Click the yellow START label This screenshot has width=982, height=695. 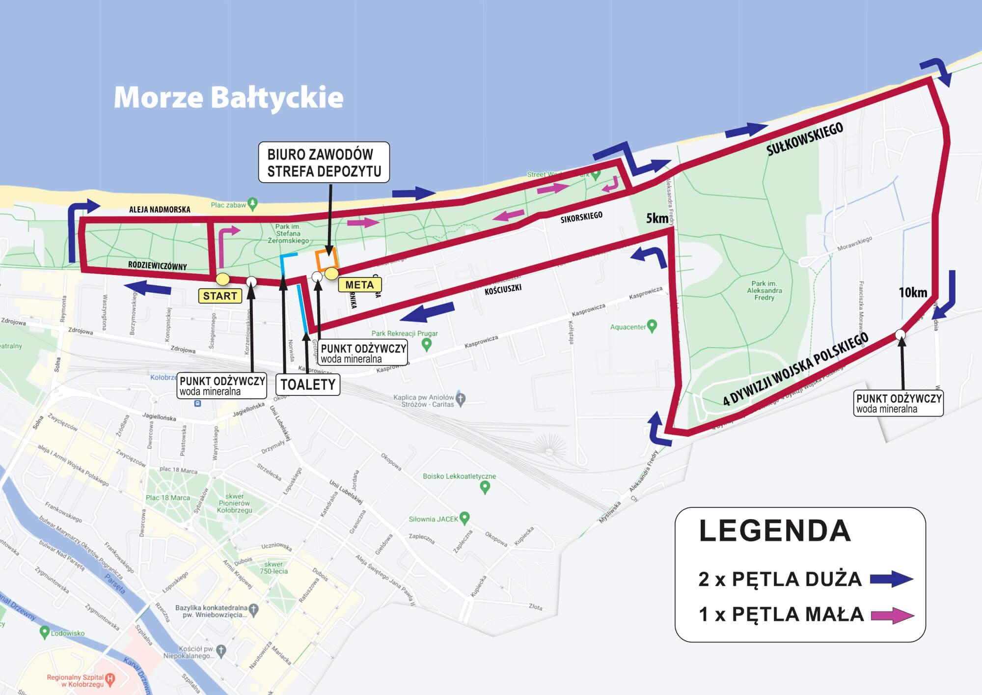click(219, 296)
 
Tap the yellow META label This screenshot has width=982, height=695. click(359, 285)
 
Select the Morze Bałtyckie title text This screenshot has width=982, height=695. click(228, 97)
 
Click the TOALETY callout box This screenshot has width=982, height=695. click(308, 384)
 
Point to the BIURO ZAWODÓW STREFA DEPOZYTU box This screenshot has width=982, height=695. click(324, 163)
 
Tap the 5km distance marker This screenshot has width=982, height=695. click(657, 218)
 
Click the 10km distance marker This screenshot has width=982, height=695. click(913, 293)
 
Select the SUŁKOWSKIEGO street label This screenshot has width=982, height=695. click(805, 139)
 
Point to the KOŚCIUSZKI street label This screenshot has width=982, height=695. click(503, 289)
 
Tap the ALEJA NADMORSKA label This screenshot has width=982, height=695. click(160, 210)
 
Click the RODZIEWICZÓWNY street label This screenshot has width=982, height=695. click(157, 266)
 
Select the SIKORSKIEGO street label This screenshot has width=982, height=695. click(581, 217)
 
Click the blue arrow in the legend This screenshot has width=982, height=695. click(892, 580)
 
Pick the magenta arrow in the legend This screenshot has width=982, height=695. click(892, 615)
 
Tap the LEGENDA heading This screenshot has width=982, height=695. click(774, 531)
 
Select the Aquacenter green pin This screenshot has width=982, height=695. click(652, 326)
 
